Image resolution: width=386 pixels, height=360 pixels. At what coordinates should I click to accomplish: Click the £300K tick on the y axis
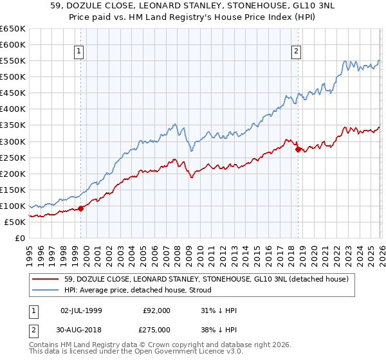pyautogui.click(x=12, y=141)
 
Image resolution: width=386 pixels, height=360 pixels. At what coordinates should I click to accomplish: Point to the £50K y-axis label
pyautogui.click(x=14, y=222)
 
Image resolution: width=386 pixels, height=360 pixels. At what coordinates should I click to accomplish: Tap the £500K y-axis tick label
pyautogui.click(x=12, y=76)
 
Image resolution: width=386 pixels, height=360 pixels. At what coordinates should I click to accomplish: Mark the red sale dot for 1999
pyautogui.click(x=81, y=208)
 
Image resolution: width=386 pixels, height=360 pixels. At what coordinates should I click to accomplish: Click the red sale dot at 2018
pyautogui.click(x=298, y=149)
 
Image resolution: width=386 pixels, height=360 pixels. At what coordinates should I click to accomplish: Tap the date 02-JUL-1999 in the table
pyautogui.click(x=82, y=310)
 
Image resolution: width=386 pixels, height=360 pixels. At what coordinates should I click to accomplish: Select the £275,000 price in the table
pyautogui.click(x=156, y=329)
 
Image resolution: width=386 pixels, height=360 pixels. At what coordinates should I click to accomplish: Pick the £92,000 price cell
pyautogui.click(x=156, y=310)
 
